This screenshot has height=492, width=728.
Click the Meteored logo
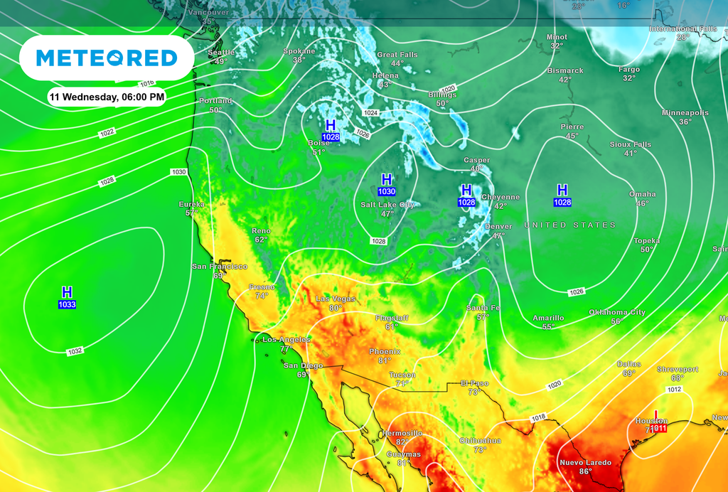(x=106, y=58)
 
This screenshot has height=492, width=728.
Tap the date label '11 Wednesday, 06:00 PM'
(x=107, y=96)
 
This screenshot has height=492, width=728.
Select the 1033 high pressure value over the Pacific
(x=67, y=305)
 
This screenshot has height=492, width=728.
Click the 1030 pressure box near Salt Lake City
(x=387, y=192)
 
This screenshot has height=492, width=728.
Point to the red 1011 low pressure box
(x=658, y=428)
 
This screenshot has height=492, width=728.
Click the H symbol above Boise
(x=331, y=126)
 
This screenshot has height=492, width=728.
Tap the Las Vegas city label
(x=335, y=299)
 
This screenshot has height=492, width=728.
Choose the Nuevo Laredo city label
(x=585, y=463)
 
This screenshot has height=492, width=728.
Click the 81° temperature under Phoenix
(x=385, y=361)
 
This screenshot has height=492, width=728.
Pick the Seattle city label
(x=221, y=53)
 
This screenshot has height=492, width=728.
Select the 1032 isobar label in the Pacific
(x=75, y=351)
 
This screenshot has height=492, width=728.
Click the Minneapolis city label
(x=685, y=113)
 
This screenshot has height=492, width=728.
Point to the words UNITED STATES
(x=570, y=225)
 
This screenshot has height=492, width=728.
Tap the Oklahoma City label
(x=617, y=312)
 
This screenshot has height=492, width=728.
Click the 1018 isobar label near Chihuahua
(x=539, y=417)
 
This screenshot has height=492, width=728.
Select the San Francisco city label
(x=220, y=267)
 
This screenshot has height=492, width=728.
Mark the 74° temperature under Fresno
(x=261, y=296)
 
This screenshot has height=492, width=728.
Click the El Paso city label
(x=474, y=383)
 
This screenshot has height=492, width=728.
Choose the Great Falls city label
(x=397, y=55)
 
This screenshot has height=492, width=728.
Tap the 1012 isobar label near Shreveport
(x=675, y=390)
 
